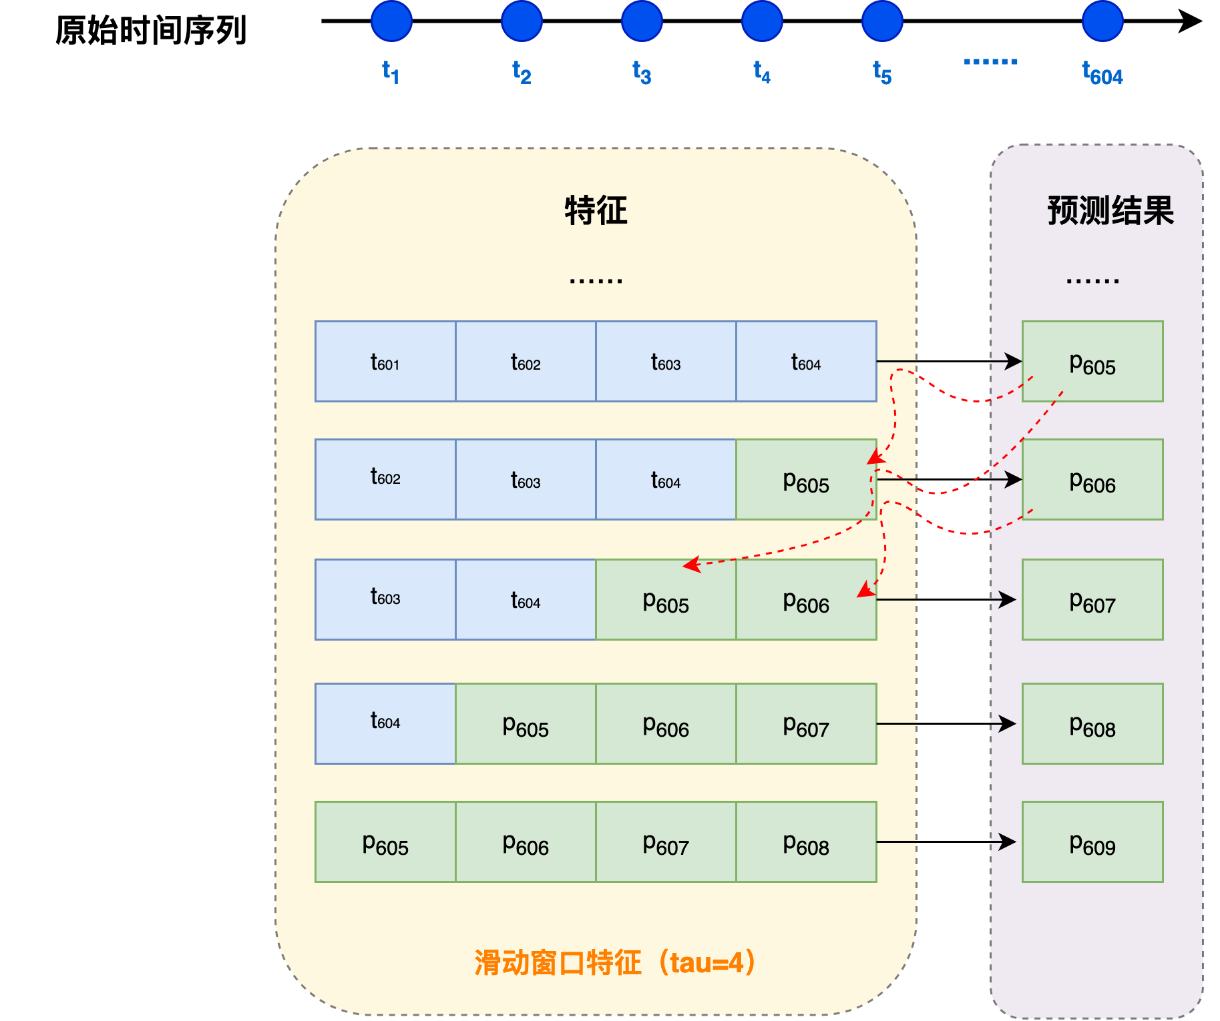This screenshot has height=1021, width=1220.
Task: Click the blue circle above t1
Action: coord(391,21)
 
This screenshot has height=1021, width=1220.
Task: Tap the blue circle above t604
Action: coord(1102,21)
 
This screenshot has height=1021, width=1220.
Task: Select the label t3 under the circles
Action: coord(642,72)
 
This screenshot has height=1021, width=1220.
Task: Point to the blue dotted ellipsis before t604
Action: coord(990,62)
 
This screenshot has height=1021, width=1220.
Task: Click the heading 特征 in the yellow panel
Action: coord(596,211)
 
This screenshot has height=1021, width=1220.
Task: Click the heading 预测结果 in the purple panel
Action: coord(1110,211)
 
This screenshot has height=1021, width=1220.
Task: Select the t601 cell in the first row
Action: coord(385,362)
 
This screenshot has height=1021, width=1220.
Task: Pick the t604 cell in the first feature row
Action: coord(806,362)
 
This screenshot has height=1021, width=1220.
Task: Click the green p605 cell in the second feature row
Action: coord(806,480)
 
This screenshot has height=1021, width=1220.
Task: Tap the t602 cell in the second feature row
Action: coord(385,480)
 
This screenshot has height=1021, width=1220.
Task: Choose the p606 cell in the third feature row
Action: coord(806,600)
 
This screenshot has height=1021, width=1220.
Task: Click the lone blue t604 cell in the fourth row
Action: coord(385,723)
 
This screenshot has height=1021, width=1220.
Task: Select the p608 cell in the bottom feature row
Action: coord(806,842)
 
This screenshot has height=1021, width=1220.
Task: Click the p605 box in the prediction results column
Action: coord(1092,362)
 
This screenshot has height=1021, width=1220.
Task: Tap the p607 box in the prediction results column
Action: coord(1092,600)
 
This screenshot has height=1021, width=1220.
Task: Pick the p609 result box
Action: coord(1092,842)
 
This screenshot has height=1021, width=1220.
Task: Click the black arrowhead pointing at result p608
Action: coord(1008,723)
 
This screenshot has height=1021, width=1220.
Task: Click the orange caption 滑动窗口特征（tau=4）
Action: coord(615,963)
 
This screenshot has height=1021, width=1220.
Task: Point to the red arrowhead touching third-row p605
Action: coord(690,565)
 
